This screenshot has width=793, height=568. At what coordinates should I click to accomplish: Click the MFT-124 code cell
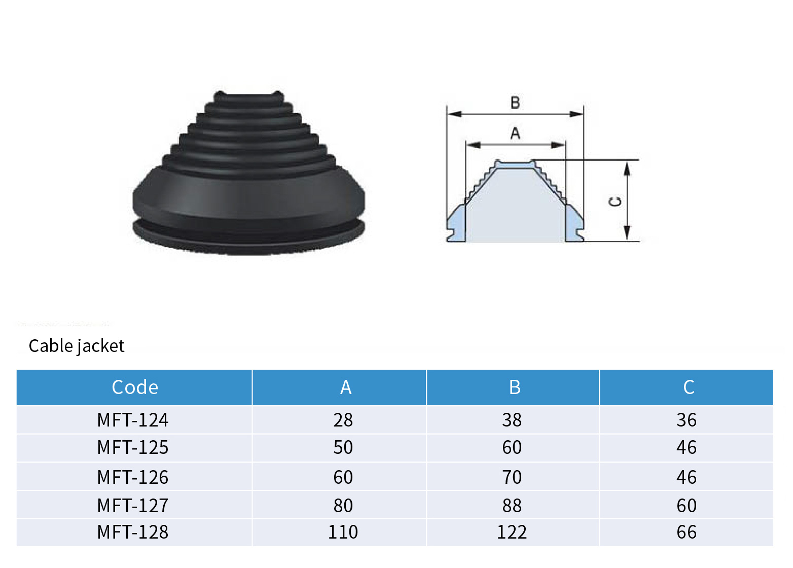[x=133, y=420]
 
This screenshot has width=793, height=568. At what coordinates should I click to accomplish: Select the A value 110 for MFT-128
[x=343, y=532]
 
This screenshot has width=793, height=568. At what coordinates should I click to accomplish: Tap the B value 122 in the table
[x=512, y=532]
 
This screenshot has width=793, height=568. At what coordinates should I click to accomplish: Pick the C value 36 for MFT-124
[x=687, y=420]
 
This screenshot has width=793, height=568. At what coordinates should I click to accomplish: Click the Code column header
[x=135, y=387]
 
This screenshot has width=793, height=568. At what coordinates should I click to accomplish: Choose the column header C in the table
[x=688, y=387]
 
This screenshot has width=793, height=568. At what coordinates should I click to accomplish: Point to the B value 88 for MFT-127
[x=512, y=506]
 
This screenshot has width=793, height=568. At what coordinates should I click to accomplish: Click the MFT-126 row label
[x=133, y=477]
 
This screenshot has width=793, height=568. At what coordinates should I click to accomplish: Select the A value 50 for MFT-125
[x=343, y=447]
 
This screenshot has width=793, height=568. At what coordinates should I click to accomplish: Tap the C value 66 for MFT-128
[x=687, y=532]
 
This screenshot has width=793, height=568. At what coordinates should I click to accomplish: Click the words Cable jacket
[x=77, y=346]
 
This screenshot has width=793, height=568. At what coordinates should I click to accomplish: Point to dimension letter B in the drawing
[x=515, y=103]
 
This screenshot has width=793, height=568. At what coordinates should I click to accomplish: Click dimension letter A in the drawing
[x=515, y=133]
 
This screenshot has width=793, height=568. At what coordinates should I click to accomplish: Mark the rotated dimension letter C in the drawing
[x=615, y=202]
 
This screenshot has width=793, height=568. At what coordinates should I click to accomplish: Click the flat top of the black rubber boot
[x=248, y=95]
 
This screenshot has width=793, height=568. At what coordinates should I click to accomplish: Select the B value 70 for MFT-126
[x=512, y=477]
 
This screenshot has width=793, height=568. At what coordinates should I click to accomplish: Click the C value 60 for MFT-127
[x=687, y=506]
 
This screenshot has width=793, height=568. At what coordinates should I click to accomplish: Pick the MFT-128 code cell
[x=133, y=532]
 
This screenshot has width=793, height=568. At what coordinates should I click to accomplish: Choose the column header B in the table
[x=515, y=387]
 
